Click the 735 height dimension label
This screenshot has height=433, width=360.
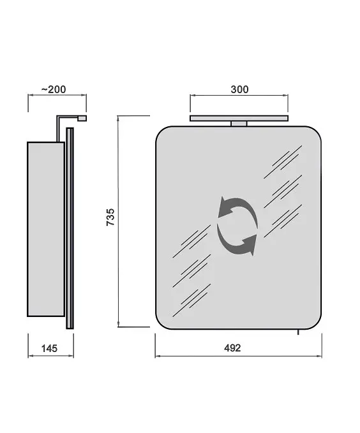110,217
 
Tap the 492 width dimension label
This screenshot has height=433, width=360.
232,348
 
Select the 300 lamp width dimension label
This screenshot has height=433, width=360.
239,89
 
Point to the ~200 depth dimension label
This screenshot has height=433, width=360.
54,89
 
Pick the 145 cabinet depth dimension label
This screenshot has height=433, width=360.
49,348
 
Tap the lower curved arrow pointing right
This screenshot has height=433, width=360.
237,240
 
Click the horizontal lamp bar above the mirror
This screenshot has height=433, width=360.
239,119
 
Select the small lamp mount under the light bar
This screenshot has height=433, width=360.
239,124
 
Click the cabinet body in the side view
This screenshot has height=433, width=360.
46,229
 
